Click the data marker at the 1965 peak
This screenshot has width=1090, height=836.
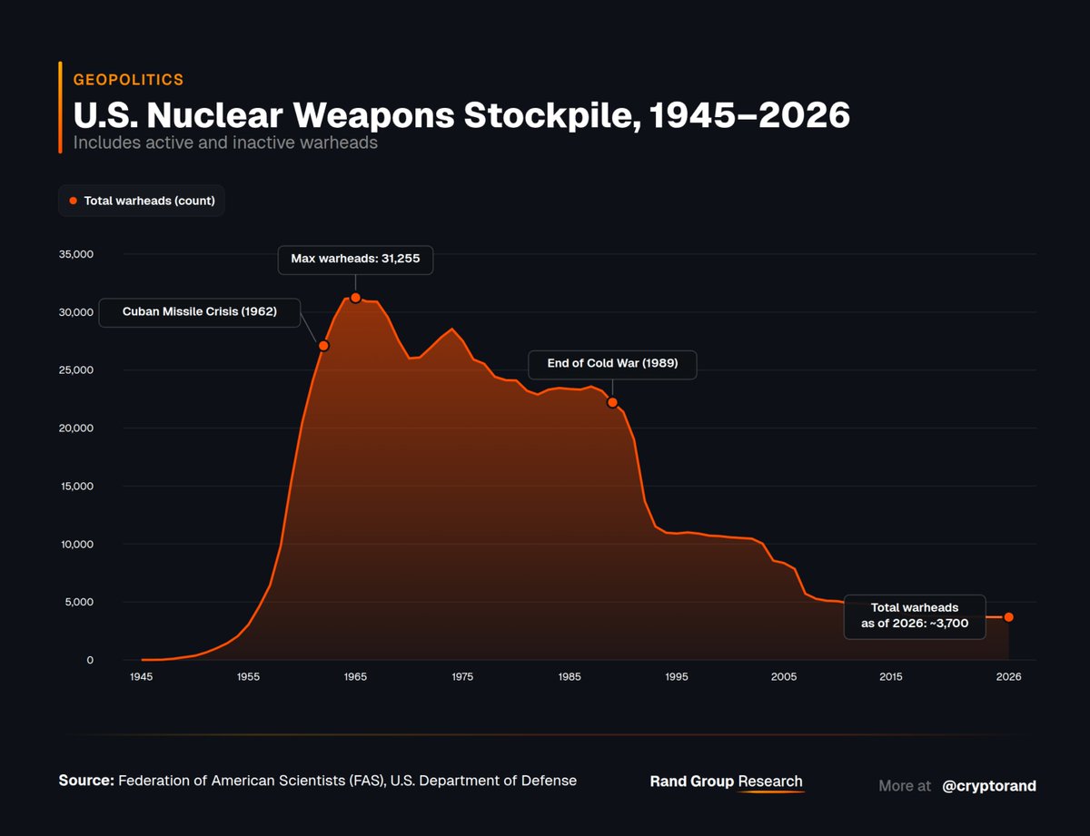click(x=355, y=298)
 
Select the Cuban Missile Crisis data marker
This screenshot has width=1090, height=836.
click(x=323, y=346)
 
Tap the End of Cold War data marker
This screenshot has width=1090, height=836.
click(x=612, y=402)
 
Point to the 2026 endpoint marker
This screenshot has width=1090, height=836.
click(x=1008, y=617)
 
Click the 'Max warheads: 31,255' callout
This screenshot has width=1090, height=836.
click(x=355, y=260)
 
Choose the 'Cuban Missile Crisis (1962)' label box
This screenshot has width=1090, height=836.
click(x=199, y=313)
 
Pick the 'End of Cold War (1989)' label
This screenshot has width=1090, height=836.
click(x=612, y=365)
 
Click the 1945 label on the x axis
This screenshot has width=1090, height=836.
click(x=141, y=677)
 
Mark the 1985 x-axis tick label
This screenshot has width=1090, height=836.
click(x=570, y=677)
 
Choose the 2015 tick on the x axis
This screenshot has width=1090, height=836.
click(x=891, y=677)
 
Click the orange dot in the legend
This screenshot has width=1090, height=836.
click(x=74, y=201)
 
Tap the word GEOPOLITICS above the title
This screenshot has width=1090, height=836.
click(x=128, y=80)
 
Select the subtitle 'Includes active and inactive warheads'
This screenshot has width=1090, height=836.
click(x=225, y=143)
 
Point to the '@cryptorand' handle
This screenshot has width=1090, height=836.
click(x=988, y=786)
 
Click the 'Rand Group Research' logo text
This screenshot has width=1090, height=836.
click(x=726, y=782)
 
